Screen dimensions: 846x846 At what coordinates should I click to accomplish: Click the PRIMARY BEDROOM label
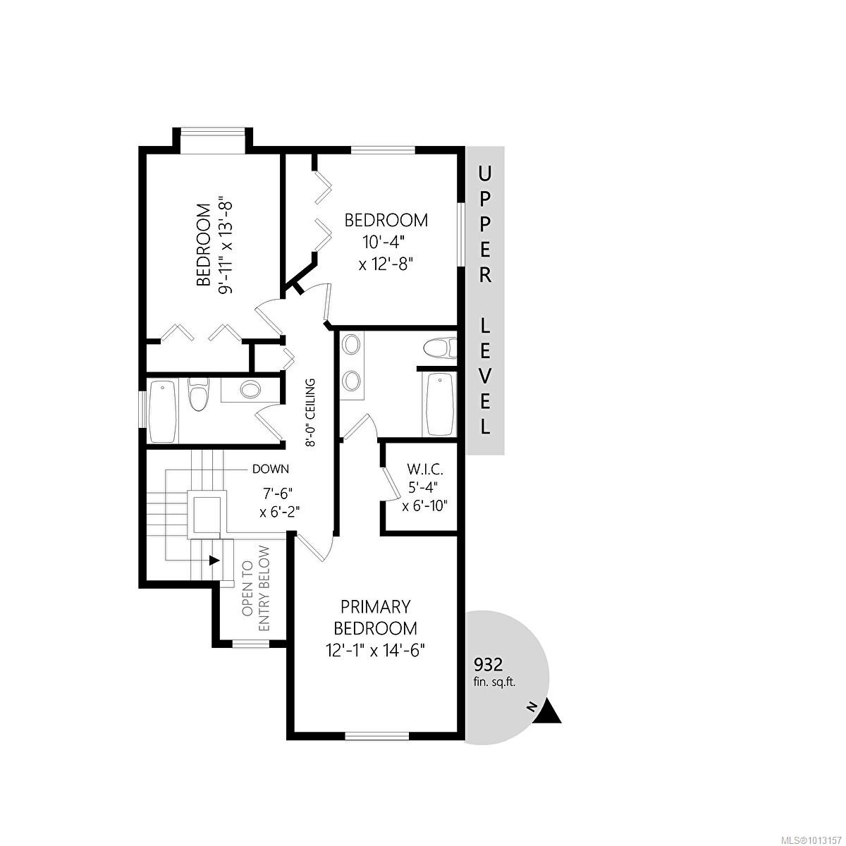click(375, 618)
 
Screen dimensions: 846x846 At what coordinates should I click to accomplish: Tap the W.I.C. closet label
click(424, 470)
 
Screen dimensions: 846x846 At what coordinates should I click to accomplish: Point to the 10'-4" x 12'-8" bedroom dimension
click(386, 254)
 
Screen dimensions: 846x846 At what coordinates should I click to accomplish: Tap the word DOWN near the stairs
click(271, 470)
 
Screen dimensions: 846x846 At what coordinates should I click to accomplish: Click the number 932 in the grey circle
click(488, 665)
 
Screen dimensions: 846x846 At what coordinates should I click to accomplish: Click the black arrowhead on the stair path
click(214, 560)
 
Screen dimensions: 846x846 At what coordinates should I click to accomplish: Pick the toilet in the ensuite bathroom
click(439, 348)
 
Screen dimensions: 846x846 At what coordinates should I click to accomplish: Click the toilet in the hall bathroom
click(198, 395)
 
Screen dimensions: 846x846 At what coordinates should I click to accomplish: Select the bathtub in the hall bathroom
click(163, 412)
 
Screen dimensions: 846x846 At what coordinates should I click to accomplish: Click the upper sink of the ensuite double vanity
click(351, 345)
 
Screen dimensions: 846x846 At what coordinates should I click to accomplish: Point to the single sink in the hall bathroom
click(250, 389)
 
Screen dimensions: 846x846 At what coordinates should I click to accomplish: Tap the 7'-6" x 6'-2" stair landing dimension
click(279, 503)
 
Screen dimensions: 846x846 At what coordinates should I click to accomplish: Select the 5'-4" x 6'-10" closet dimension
click(424, 496)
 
